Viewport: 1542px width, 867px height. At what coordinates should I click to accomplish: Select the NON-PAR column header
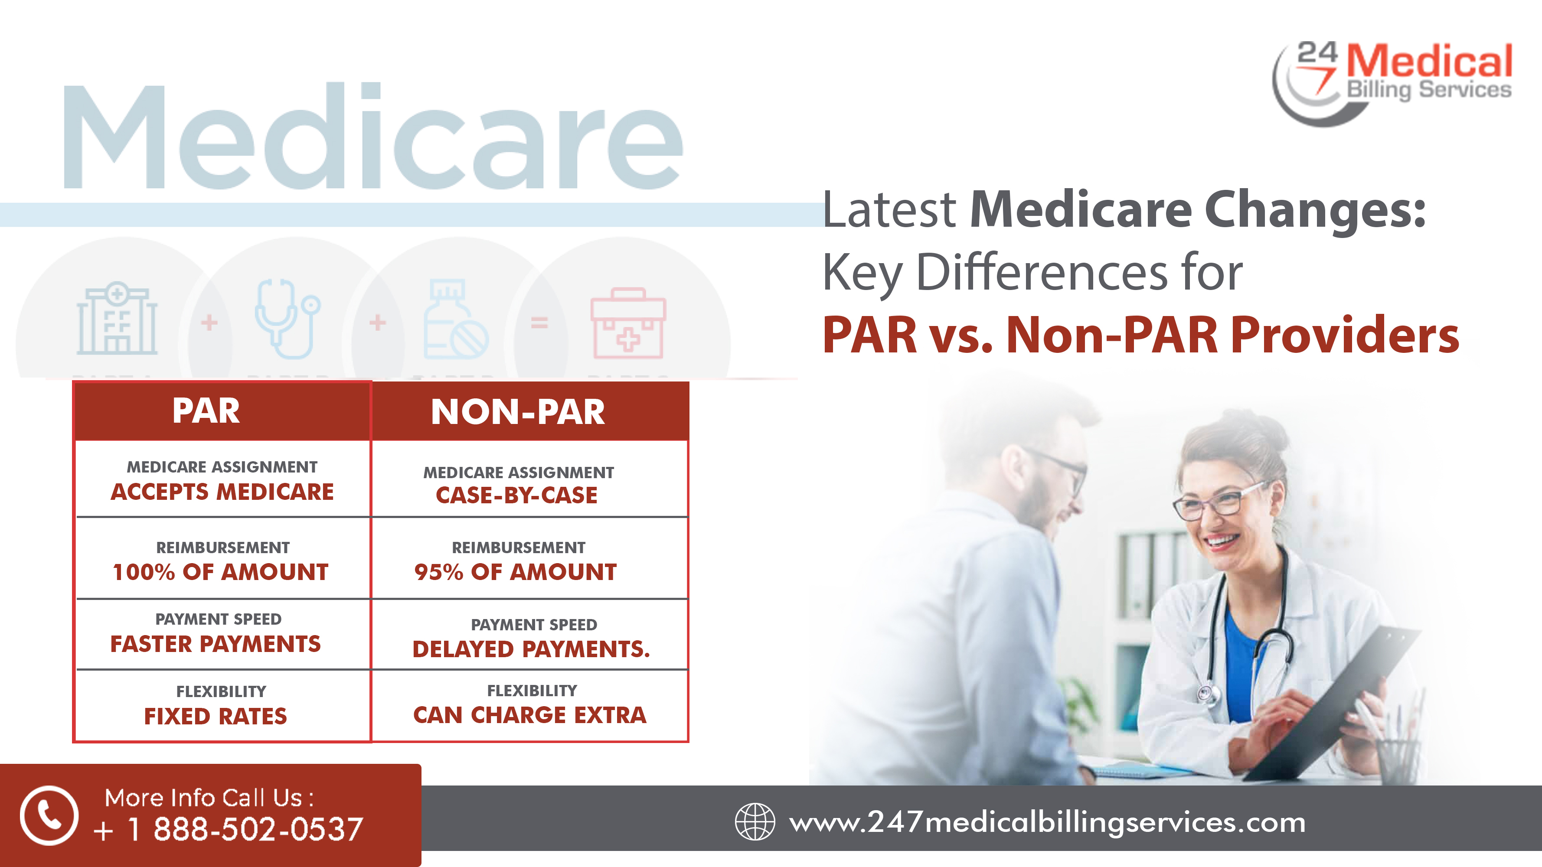(518, 412)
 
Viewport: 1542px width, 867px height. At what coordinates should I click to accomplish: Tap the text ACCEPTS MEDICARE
(222, 492)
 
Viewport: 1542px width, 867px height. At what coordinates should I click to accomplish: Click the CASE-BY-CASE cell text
(516, 495)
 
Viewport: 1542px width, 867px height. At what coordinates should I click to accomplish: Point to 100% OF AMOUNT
(220, 572)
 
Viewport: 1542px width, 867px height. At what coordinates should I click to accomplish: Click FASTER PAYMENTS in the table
(216, 644)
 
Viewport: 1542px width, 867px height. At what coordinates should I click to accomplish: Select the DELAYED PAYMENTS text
(530, 649)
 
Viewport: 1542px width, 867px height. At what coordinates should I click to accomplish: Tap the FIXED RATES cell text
(216, 716)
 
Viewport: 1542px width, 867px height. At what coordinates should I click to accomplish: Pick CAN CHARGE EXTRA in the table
(530, 715)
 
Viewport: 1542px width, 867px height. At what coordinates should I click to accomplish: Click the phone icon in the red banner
(49, 815)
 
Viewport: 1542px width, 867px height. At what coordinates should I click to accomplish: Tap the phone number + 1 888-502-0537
(228, 829)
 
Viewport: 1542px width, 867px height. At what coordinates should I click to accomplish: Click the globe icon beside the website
(755, 821)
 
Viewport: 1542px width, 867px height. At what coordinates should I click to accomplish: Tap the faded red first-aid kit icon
(628, 323)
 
